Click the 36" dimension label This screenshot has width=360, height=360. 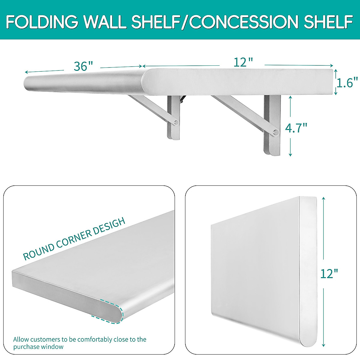tap(83, 66)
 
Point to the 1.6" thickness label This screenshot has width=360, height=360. tap(347, 82)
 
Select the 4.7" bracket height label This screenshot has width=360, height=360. tap(296, 128)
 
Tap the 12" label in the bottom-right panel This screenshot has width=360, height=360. tap(329, 274)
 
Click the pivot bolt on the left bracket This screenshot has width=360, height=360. tap(176, 122)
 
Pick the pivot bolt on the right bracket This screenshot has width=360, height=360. tap(275, 132)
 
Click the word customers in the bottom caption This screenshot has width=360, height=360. tap(45, 339)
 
